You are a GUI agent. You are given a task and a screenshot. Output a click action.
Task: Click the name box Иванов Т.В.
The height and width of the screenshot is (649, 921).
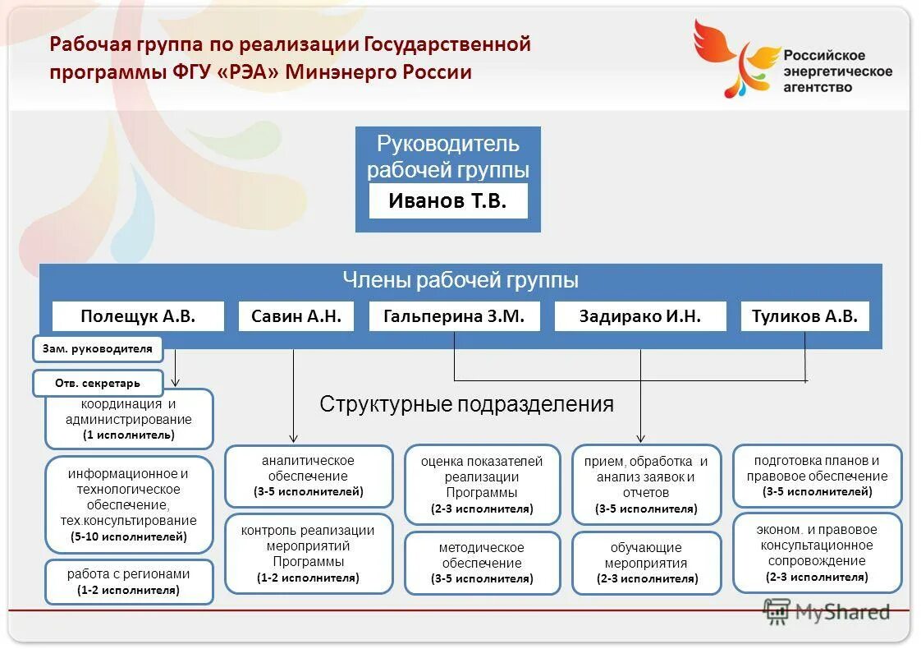point(447,201)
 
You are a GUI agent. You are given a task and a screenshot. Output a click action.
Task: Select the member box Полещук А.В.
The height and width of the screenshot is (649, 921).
point(138,316)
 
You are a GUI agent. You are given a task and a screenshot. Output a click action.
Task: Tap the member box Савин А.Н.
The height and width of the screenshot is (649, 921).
point(296,316)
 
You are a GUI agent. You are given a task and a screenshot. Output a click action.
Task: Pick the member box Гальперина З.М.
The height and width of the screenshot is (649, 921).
point(454,316)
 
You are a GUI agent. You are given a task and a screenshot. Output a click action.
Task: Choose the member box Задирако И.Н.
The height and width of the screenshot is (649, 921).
point(639,316)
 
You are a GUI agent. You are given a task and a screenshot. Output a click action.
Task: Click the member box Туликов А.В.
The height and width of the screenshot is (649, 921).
point(804,316)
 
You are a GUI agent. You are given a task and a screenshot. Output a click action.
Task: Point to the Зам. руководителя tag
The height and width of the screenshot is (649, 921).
point(98,349)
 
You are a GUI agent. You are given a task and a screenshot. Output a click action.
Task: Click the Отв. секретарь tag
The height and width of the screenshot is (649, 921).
point(98,383)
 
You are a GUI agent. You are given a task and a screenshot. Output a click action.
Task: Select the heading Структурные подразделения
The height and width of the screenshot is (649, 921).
point(466,404)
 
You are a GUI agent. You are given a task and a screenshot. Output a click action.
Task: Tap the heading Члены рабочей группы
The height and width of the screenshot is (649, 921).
point(460,281)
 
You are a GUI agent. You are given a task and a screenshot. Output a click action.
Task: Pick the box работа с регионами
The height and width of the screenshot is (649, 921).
point(129,582)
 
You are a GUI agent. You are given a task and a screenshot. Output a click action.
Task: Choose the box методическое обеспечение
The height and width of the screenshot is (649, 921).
point(482,563)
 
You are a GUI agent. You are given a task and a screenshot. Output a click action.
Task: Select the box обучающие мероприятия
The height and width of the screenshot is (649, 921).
point(646,563)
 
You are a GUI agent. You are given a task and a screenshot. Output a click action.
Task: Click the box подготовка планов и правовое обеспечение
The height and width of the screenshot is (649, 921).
point(817,476)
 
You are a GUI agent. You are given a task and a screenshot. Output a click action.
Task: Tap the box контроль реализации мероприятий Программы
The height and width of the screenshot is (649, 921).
point(308,554)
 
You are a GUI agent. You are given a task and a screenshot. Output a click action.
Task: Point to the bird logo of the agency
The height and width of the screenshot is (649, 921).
point(733,58)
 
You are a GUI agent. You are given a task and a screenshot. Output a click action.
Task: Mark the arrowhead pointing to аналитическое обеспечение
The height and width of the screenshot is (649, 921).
point(294,439)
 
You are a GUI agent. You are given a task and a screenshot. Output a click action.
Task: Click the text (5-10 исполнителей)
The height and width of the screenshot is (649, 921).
point(129,537)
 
